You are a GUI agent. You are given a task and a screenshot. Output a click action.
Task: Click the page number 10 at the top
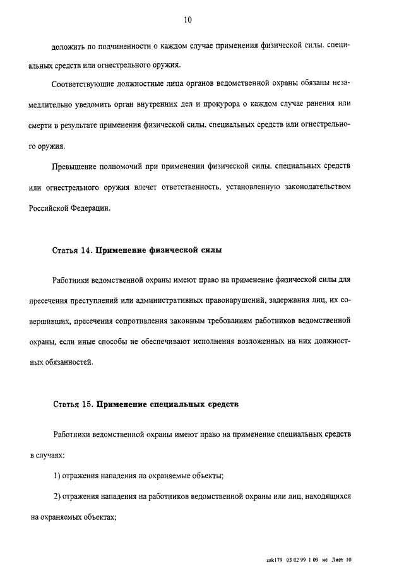pyautogui.click(x=187, y=20)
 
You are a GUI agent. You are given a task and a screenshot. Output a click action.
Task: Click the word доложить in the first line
pyautogui.click(x=68, y=47)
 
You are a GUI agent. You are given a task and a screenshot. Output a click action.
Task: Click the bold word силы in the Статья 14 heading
pyautogui.click(x=210, y=250)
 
